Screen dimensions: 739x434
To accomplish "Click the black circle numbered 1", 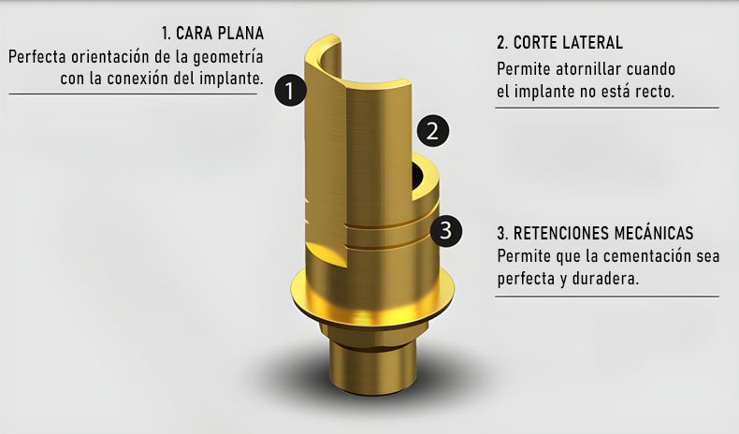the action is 290,90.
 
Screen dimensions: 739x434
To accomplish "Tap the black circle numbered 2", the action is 433,131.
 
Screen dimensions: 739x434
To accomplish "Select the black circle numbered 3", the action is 445,230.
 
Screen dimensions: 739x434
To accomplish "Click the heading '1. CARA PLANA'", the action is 212,34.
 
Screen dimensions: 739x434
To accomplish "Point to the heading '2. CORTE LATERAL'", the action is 559,42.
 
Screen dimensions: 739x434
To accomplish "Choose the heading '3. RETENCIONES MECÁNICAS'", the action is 595,233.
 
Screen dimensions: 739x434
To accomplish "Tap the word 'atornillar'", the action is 588,69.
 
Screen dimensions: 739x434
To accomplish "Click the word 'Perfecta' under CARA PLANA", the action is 37,56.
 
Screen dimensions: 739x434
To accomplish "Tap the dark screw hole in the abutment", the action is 417,175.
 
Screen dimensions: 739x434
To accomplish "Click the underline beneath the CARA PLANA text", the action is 133,94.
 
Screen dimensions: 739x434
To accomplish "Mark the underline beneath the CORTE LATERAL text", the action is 607,108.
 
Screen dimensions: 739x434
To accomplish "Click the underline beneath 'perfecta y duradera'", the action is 607,297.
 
